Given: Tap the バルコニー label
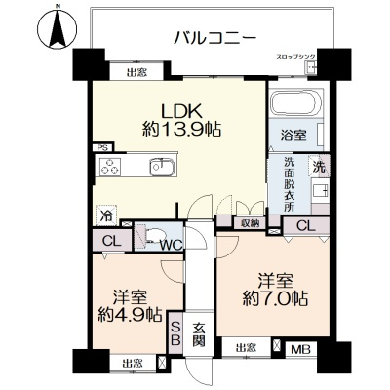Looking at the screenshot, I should (x=214, y=37).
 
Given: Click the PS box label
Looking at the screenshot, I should (x=102, y=147).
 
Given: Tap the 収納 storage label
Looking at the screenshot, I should (x=250, y=223).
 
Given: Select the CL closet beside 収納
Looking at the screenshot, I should (x=305, y=226).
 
